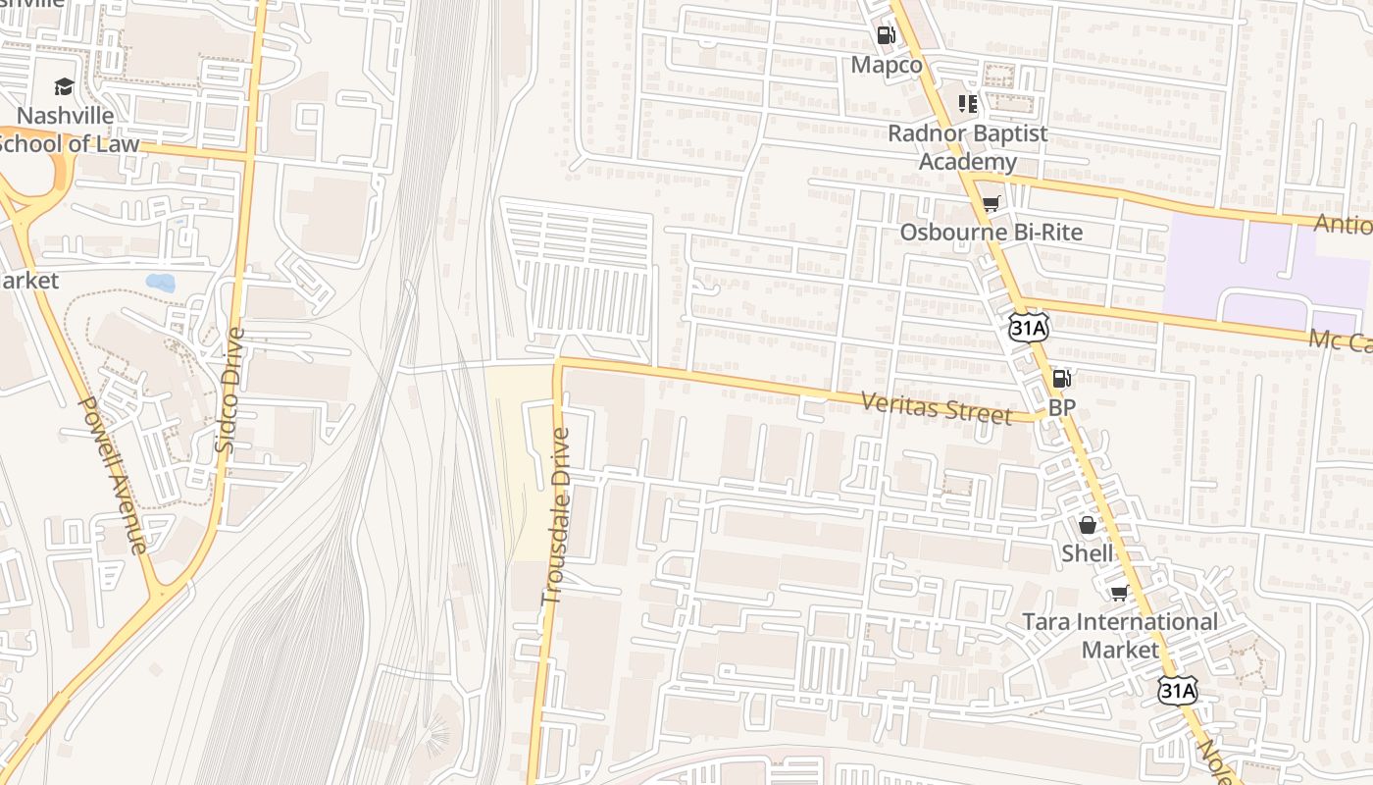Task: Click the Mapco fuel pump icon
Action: point(886,36)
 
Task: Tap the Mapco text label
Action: point(887,65)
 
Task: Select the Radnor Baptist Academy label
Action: point(967,147)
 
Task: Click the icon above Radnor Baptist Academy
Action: point(968,104)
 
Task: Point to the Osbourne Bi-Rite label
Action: point(991,232)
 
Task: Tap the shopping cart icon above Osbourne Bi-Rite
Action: point(991,204)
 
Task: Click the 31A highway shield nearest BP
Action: point(1028,328)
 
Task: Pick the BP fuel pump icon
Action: point(1061,379)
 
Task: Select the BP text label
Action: point(1061,407)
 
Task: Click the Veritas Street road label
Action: point(936,407)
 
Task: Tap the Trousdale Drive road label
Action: point(555,514)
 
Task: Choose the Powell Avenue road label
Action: point(112,475)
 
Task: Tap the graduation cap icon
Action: point(65,87)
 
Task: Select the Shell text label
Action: point(1088,553)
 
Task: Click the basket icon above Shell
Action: point(1088,525)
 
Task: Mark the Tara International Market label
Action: point(1120,635)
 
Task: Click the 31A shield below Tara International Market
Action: point(1176,691)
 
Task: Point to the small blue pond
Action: point(160,283)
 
